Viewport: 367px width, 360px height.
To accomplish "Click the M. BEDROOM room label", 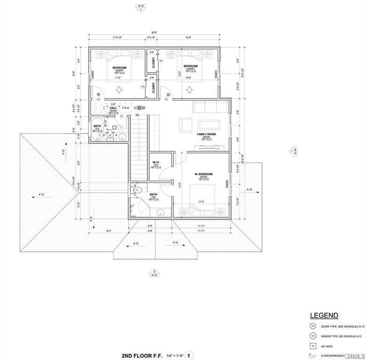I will click(204, 174).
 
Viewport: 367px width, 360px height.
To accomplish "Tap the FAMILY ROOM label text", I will click(206, 134).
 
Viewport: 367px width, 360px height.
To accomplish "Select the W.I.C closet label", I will click(156, 163).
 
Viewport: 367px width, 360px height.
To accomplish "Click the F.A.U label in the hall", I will click(126, 107).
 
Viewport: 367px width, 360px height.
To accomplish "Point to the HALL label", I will click(113, 107).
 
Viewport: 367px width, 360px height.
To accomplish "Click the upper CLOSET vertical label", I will click(153, 62).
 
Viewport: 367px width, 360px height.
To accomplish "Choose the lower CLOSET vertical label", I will click(153, 87).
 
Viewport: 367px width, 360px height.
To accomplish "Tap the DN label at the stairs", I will click(137, 115).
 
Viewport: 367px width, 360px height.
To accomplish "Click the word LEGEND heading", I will click(324, 315).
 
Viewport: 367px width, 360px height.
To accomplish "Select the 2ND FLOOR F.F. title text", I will click(141, 356).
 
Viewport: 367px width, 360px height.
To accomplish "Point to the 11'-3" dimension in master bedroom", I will click(201, 202).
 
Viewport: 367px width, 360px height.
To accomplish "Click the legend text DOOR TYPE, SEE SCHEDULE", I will click(341, 326).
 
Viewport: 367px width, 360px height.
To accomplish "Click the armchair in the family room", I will click(185, 124).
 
